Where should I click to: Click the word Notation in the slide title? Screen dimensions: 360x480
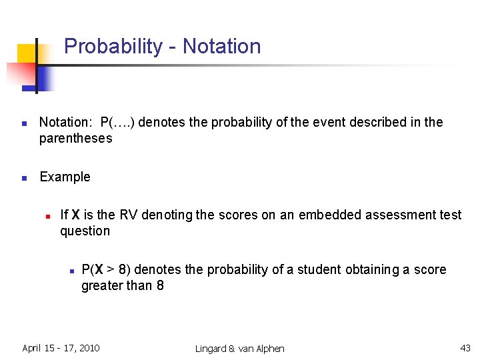point(221,47)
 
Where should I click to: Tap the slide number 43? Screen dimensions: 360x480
point(465,347)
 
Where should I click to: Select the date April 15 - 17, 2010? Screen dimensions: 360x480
point(61,347)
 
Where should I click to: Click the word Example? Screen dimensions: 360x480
point(65,177)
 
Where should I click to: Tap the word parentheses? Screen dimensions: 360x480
point(75,138)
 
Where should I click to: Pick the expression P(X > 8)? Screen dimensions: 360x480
point(106,269)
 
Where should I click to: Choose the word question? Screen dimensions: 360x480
point(85,231)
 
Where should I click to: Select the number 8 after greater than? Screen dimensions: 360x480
point(159,285)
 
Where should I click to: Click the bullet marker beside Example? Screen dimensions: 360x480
point(23,178)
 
